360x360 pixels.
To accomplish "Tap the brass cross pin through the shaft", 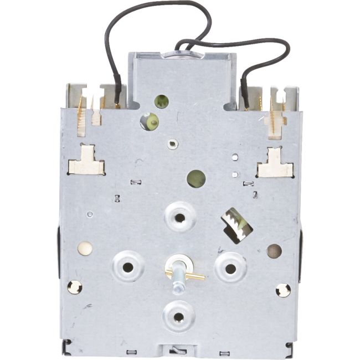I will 191,275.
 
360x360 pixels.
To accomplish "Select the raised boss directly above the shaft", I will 180,217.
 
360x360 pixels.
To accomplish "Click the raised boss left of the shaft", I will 128,266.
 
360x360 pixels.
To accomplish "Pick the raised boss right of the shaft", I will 231,268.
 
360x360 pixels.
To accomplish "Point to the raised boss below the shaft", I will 178,317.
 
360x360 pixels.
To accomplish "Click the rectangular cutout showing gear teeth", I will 236,224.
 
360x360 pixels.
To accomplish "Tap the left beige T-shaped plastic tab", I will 86,162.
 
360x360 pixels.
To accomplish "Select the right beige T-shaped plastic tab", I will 275,164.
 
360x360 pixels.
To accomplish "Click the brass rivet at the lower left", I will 74,287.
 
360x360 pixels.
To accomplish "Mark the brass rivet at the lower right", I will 283,290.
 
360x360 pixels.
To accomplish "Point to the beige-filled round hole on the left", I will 85,248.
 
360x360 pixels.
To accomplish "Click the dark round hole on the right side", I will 274,251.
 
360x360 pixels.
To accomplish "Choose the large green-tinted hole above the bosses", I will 196,178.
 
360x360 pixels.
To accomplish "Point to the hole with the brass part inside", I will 149,121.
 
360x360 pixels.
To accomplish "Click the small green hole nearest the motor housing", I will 161,101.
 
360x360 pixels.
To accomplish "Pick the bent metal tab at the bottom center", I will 178,351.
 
